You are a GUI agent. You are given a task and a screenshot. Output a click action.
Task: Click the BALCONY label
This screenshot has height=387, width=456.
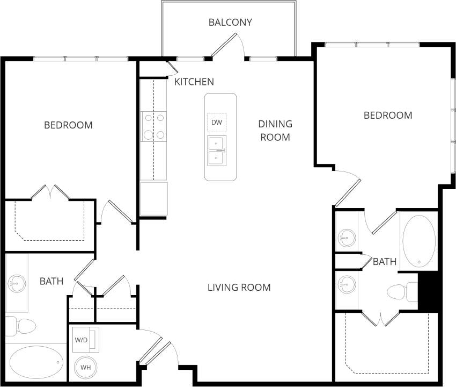coord(230,22)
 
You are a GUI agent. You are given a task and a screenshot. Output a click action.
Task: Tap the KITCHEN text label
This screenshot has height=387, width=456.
coord(194,82)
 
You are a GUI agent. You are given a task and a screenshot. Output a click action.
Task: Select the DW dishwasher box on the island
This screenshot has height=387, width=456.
coord(217,123)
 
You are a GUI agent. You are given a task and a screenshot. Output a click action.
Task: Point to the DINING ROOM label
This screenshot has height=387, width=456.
coord(276,131)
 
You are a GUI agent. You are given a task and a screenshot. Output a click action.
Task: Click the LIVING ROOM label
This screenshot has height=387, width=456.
coord(239,287)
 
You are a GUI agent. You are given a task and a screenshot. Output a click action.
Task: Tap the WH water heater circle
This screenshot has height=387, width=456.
coord(85,368)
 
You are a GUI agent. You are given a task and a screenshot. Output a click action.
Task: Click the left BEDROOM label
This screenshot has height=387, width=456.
coord(68,125)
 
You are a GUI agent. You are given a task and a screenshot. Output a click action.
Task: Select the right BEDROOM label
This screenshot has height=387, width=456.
coord(388,115)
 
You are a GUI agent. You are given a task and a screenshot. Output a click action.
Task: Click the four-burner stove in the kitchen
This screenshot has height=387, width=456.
coord(153,126)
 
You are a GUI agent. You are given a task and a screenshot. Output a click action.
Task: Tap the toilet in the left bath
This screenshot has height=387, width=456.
coord(20,326)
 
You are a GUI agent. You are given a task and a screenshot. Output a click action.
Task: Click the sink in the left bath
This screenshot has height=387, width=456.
coord(17,282)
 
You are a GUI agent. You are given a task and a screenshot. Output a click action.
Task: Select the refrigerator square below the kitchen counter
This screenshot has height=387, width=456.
coord(154,199)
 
